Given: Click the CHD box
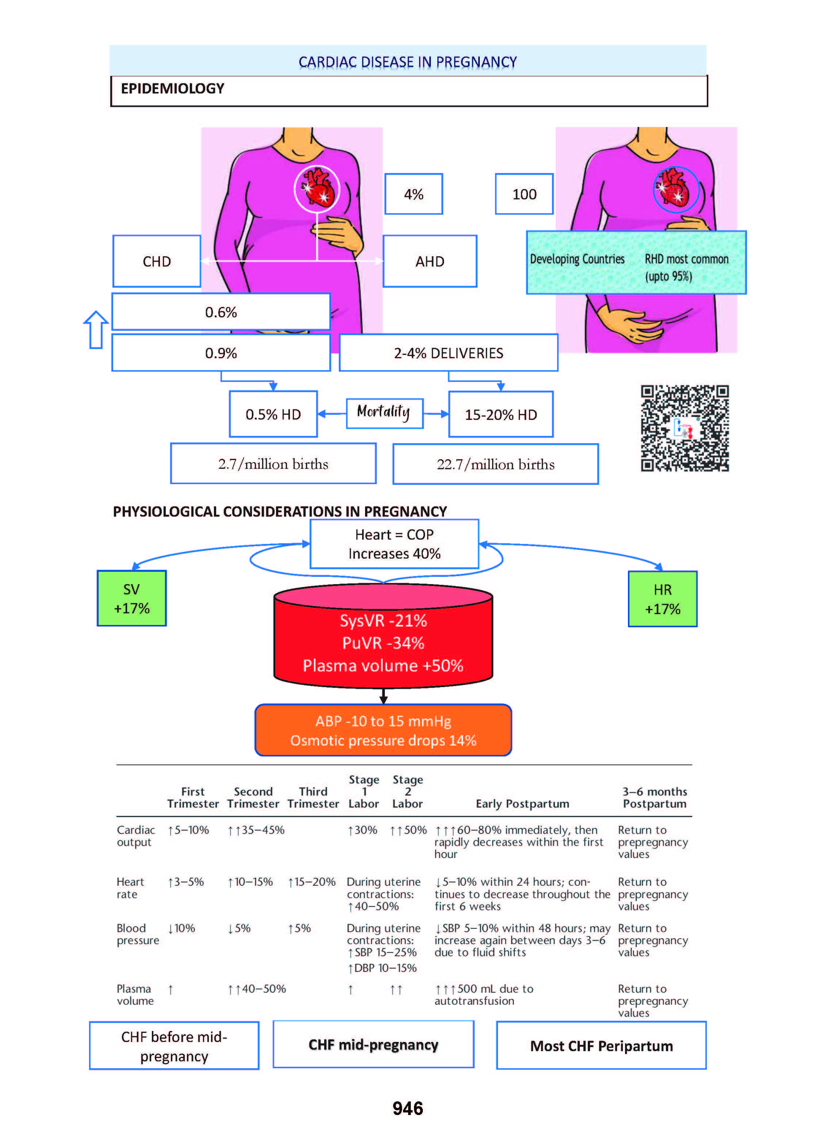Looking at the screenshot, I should tap(157, 261).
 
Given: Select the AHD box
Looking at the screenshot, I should tap(430, 261).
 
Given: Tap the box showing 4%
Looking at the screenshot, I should tap(414, 194).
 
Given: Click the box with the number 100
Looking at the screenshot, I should tap(524, 194).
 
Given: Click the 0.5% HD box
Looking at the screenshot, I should tap(273, 414).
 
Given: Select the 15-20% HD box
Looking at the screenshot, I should tap(501, 414).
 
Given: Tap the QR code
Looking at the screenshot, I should tap(684, 428).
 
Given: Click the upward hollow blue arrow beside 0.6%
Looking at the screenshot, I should tap(95, 330).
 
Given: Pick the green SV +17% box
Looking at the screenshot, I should tap(132, 598).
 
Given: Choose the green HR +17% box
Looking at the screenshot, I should tap(662, 599).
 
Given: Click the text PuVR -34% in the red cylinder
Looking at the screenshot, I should tap(383, 643).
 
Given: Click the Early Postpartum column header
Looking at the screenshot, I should tap(522, 804).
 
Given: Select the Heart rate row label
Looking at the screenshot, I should tap(130, 888).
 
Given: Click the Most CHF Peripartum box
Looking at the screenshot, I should tap(601, 1046).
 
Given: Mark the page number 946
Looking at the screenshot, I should tap(407, 1108).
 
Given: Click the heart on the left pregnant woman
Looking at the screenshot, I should tap(318, 188).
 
